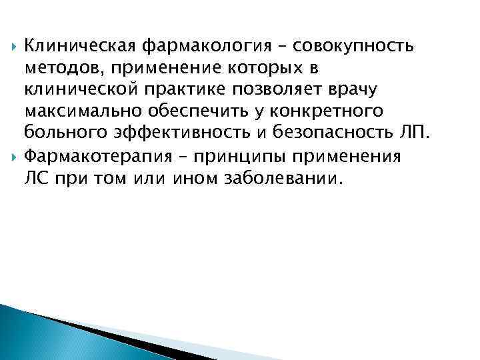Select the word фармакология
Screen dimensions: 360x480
[x=200, y=47]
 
